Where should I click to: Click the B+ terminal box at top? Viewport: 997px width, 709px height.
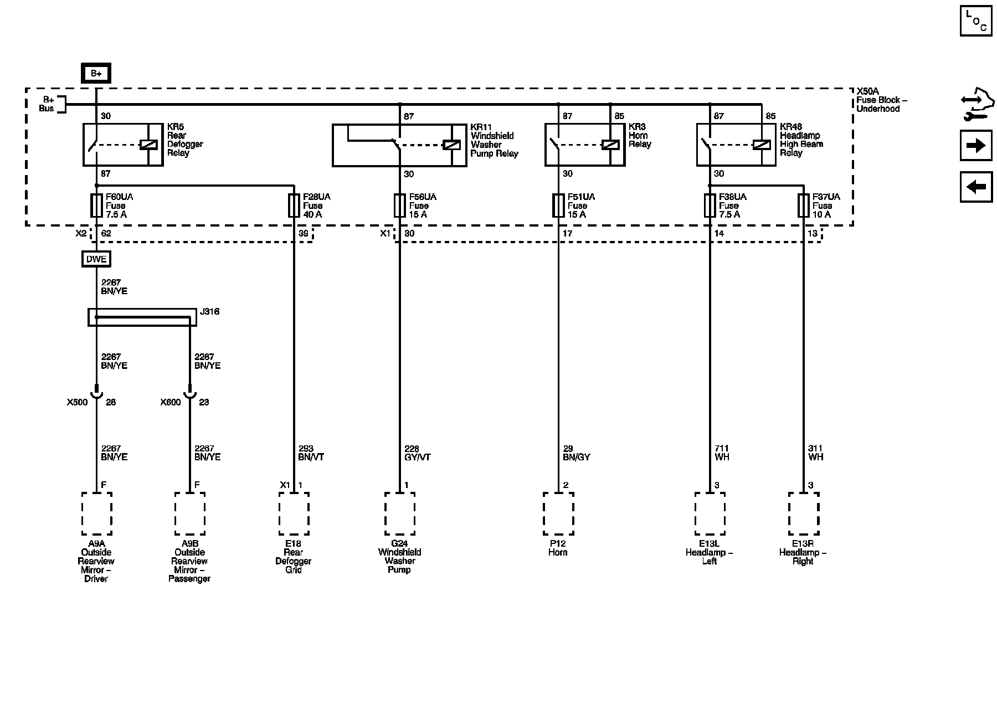coord(96,73)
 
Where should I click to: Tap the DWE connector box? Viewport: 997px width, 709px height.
coord(96,259)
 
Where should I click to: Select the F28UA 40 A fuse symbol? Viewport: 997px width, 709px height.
coord(294,205)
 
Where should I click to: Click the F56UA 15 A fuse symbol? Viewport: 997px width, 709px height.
coord(399,205)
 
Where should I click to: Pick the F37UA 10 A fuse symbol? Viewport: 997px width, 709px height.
coord(803,205)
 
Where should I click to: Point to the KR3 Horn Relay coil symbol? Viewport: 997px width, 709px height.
coord(610,145)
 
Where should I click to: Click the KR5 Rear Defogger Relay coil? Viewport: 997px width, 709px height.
coord(148,145)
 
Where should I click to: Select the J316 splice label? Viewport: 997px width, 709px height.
coord(209,312)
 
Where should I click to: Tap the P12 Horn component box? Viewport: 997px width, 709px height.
coord(558,513)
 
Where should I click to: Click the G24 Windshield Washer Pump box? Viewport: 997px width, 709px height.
coord(399,513)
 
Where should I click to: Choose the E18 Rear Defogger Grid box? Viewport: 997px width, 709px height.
coord(294,513)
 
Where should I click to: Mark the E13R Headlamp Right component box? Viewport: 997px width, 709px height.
coord(803,513)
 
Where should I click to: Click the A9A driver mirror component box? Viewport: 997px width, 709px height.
coord(96,513)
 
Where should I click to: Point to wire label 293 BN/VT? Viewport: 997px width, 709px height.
coord(311,453)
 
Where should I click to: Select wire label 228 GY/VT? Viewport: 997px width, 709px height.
coord(417,453)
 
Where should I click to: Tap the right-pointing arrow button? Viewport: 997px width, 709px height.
coord(976,146)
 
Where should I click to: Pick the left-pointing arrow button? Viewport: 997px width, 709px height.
coord(976,187)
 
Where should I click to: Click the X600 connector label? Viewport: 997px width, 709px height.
coord(171,403)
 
